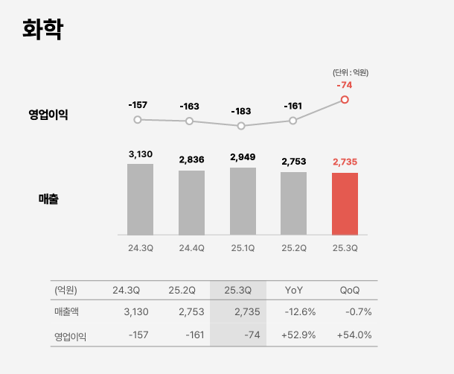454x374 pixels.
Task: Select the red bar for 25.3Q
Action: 345,203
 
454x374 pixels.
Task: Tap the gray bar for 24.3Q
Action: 140,199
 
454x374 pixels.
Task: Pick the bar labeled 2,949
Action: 243,201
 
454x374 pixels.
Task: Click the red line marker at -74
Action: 345,99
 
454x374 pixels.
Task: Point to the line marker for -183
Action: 241,126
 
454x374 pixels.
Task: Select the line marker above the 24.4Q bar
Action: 189,121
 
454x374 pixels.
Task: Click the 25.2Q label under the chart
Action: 293,248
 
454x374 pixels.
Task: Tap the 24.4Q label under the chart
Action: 191,248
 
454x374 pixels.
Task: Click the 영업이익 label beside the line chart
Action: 48,115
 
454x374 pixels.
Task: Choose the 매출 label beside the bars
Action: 49,199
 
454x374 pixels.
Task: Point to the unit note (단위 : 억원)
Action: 350,72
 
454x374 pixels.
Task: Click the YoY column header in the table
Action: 294,290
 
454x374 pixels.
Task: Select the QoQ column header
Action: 350,290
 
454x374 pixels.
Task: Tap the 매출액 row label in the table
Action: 70,311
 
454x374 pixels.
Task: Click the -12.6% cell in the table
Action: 300,311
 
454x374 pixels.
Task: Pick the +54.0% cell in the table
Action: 354,335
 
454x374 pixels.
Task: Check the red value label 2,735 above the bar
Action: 345,162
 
